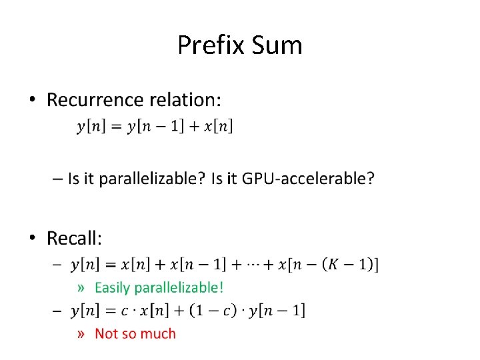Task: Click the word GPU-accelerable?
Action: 308,179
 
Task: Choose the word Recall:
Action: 75,238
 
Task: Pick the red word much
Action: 161,333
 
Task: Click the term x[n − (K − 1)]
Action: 329,265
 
